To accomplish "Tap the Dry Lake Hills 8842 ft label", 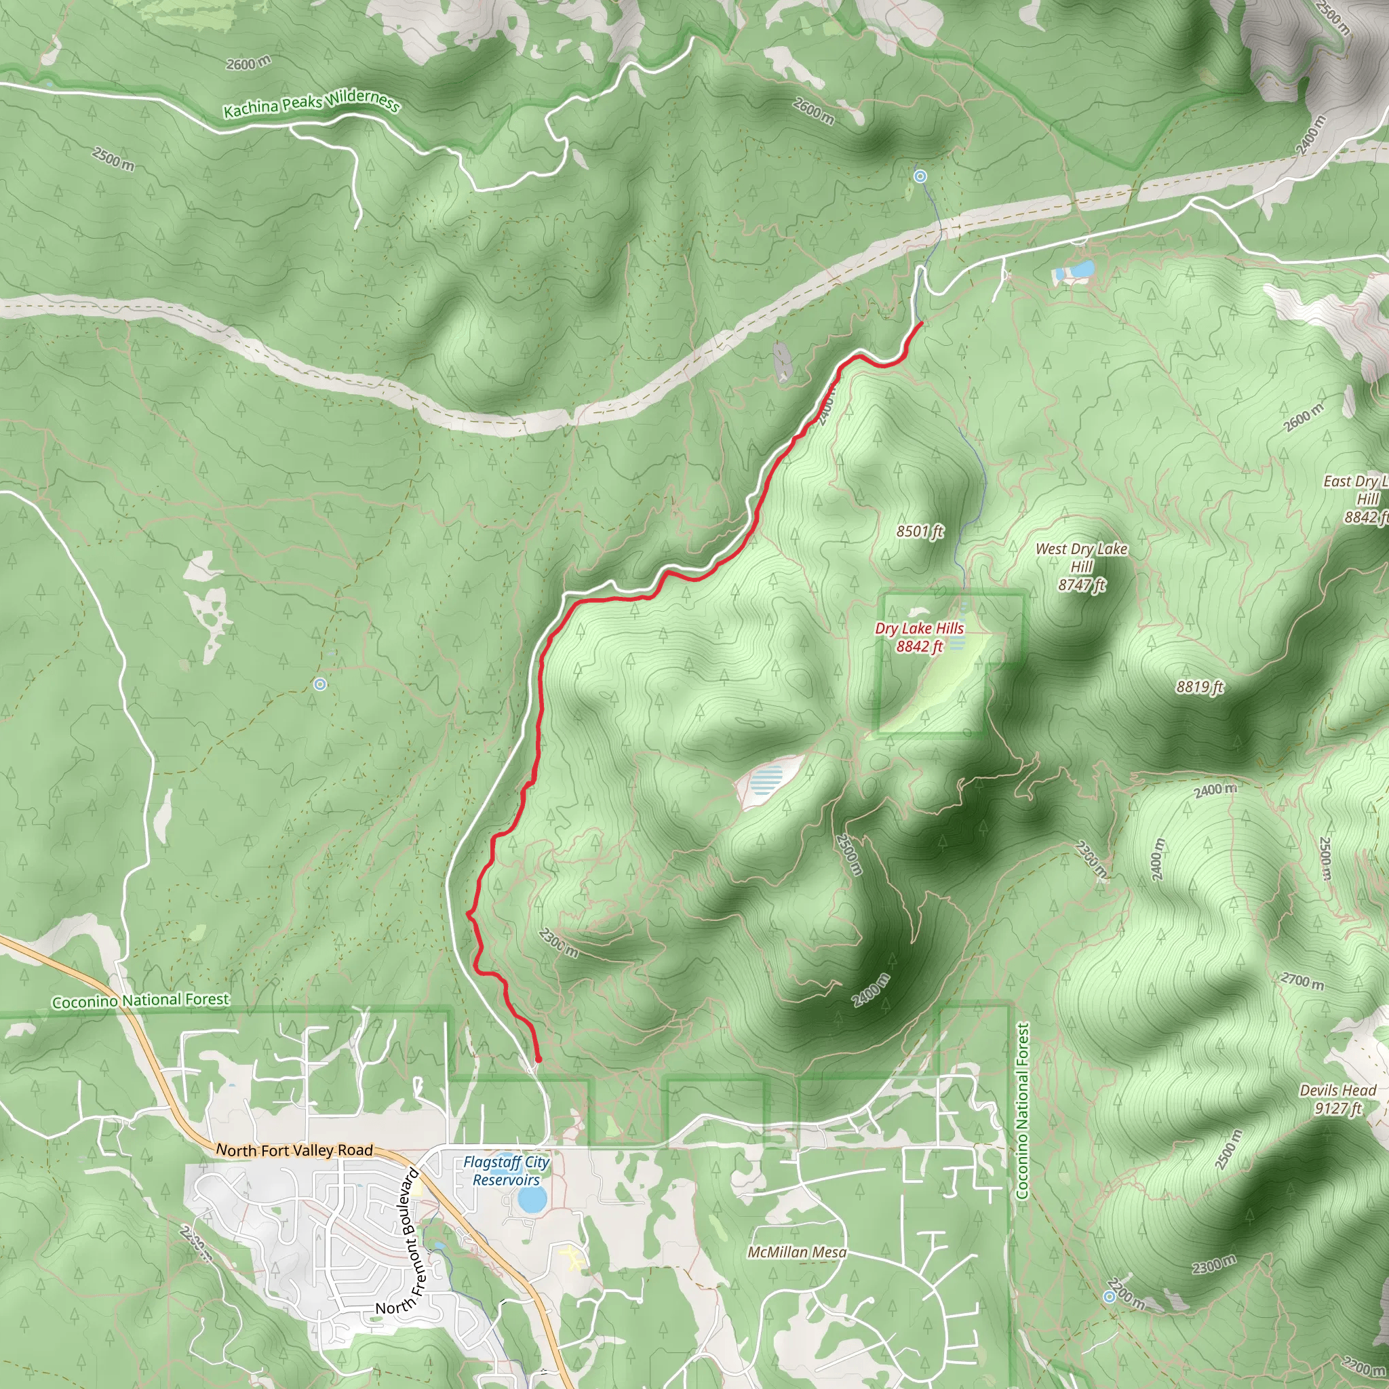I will tap(919, 637).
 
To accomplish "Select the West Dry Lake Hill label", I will tap(1081, 566).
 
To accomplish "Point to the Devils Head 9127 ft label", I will tap(1337, 1099).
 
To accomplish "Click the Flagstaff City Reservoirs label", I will tap(506, 1171).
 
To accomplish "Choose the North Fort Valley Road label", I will tap(295, 1150).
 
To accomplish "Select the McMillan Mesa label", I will tap(797, 1252).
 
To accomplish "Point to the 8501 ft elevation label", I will tap(920, 531).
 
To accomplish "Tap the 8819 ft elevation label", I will tap(1199, 686).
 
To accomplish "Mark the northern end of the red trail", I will tap(921, 324).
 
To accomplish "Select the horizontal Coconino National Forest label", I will tap(140, 1000).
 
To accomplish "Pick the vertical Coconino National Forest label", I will tap(1021, 1110).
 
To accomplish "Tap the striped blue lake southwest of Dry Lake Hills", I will tap(766, 779).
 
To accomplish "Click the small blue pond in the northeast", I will tap(1080, 270).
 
